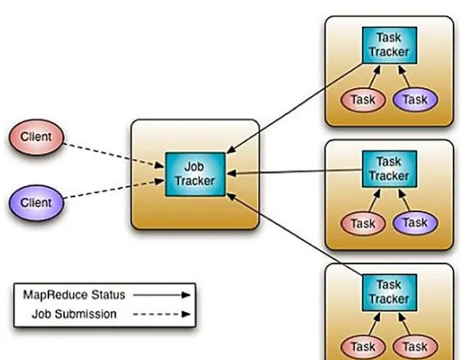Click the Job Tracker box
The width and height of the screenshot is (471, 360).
point(196,174)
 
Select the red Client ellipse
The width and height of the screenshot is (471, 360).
point(36,138)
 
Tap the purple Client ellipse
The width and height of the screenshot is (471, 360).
point(36,202)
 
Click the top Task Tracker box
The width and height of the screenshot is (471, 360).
point(390,45)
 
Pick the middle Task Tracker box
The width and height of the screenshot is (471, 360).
point(390,169)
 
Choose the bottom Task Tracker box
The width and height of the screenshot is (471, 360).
point(390,292)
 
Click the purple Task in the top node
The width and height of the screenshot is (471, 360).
point(415,100)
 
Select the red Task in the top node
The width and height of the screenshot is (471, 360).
point(363,100)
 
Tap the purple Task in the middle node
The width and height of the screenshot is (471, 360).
point(415,222)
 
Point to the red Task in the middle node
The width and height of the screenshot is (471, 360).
point(363,223)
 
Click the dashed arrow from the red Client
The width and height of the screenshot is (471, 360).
point(114,156)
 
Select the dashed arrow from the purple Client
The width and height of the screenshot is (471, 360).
point(114,189)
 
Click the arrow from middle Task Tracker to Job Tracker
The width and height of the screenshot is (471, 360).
point(294,171)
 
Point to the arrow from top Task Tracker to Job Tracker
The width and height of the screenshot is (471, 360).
point(294,108)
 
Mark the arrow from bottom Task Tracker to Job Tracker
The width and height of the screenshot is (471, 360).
point(294,234)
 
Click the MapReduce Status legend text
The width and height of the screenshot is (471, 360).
point(74,295)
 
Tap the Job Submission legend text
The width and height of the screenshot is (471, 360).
point(74,314)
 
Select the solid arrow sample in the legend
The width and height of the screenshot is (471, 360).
point(162,295)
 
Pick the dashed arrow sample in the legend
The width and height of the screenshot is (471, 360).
point(162,314)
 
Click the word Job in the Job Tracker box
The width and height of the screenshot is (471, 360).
point(194,167)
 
